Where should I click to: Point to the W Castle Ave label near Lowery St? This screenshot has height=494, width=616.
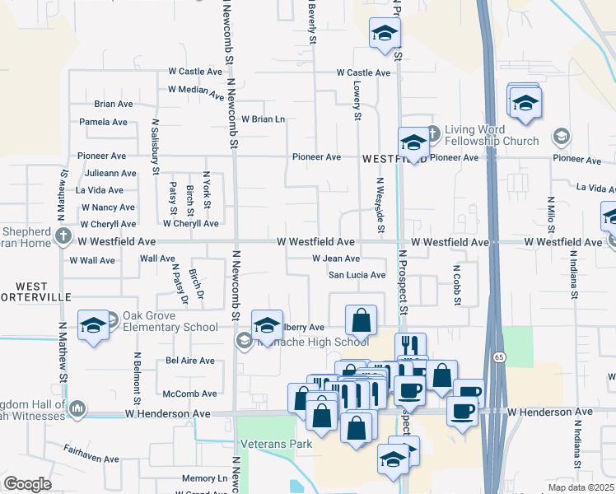(x=363, y=72)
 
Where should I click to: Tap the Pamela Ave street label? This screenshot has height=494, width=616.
(x=103, y=122)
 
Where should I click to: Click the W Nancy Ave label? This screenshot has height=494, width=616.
(x=108, y=207)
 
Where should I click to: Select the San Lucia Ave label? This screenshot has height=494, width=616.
(x=357, y=275)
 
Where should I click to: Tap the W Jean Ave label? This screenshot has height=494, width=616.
(x=335, y=259)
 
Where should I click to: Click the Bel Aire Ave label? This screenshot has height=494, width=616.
(x=190, y=361)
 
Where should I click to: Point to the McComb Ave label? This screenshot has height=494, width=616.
(x=189, y=394)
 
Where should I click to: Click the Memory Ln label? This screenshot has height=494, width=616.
(x=204, y=478)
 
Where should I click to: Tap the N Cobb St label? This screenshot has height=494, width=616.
(x=456, y=285)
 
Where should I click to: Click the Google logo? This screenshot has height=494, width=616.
(x=27, y=484)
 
